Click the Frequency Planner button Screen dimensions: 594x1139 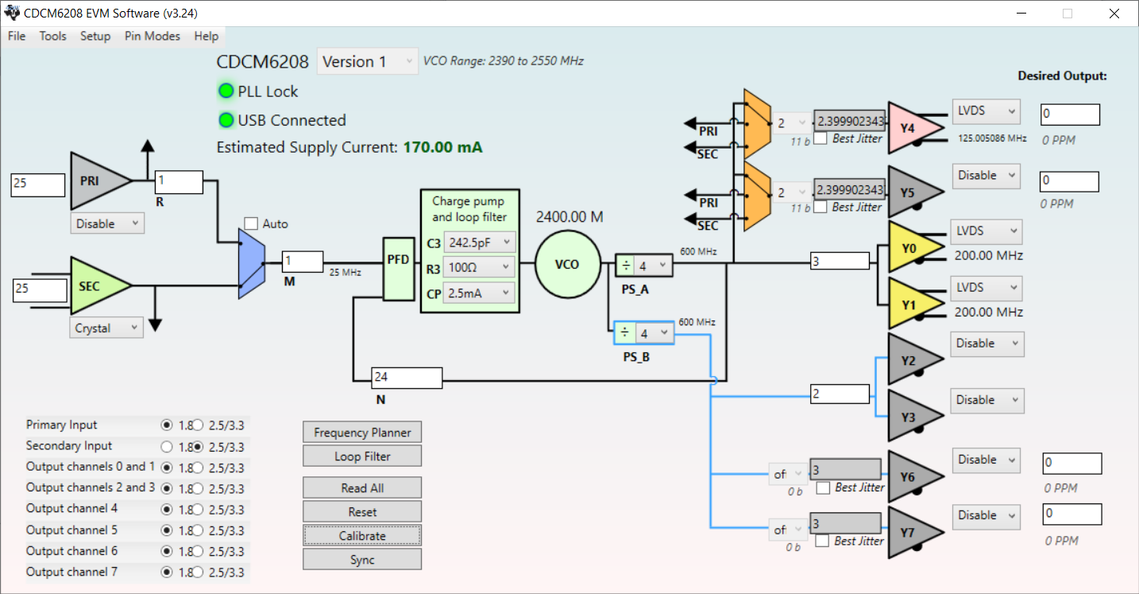(x=362, y=433)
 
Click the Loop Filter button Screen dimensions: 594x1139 (x=362, y=456)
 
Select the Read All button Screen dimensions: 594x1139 (x=362, y=488)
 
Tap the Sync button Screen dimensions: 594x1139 (x=362, y=560)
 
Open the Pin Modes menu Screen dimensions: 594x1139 (x=153, y=36)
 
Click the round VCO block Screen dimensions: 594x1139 (x=567, y=264)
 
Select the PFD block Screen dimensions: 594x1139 (x=399, y=270)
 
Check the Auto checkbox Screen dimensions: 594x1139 (x=252, y=224)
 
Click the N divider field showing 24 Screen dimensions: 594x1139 (x=407, y=377)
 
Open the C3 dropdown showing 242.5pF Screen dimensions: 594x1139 (x=480, y=242)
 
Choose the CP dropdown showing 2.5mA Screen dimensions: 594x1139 (x=480, y=293)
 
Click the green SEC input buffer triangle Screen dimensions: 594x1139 (x=94, y=285)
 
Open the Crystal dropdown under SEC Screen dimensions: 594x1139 (x=106, y=328)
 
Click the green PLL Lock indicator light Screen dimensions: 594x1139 (x=226, y=91)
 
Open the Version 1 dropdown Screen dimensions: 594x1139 (x=368, y=61)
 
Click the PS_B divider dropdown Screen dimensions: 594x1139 (x=653, y=334)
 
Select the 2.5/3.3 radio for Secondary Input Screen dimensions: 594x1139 (x=198, y=446)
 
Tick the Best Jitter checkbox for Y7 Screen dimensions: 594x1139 (x=823, y=541)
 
